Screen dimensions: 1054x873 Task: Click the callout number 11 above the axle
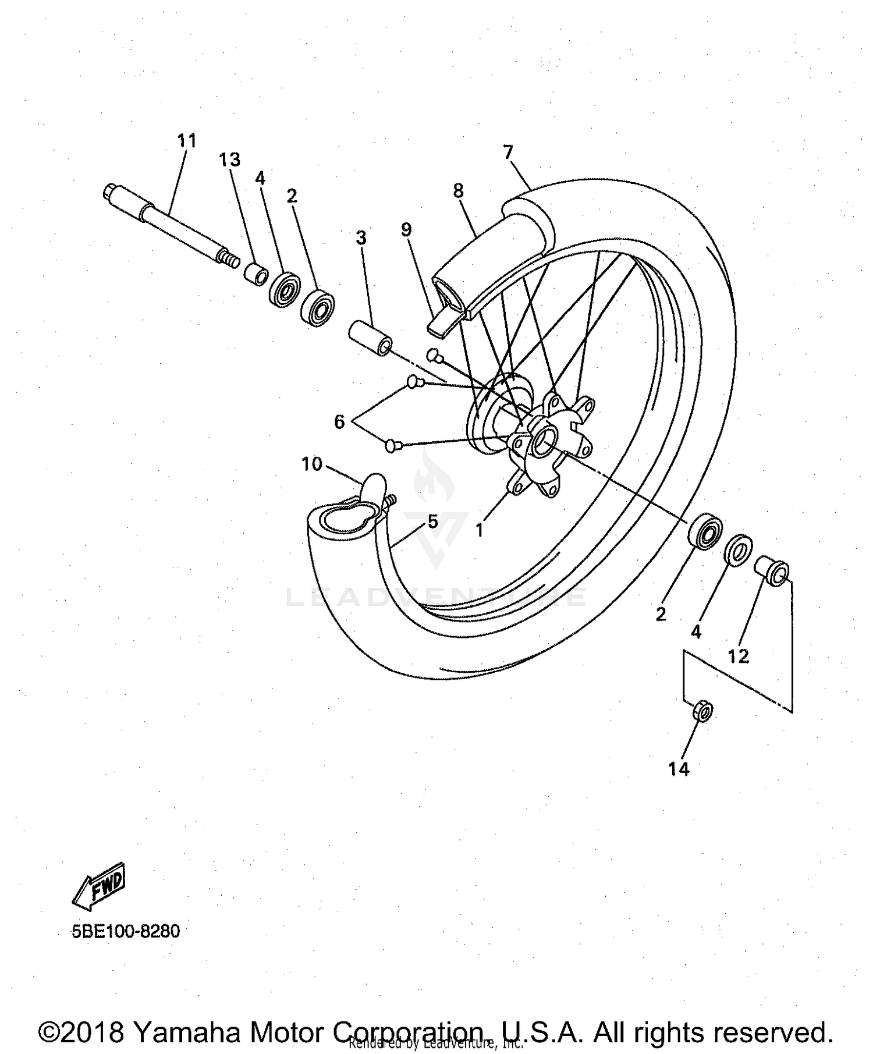[x=187, y=141]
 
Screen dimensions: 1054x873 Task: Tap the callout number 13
[x=229, y=159]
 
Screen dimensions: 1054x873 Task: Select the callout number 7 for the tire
[x=508, y=152]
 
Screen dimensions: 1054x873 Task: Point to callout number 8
[x=459, y=190]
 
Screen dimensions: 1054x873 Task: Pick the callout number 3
[x=361, y=237]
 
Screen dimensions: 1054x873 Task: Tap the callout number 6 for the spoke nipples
[x=339, y=421]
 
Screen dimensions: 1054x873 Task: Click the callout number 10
[x=312, y=464]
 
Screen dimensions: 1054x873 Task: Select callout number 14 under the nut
[x=679, y=769]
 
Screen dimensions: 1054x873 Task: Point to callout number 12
[x=738, y=656]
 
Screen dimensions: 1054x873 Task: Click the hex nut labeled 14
[x=702, y=711]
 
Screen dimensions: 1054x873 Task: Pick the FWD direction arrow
[x=98, y=886]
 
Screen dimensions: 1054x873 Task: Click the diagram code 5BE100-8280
[x=126, y=931]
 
